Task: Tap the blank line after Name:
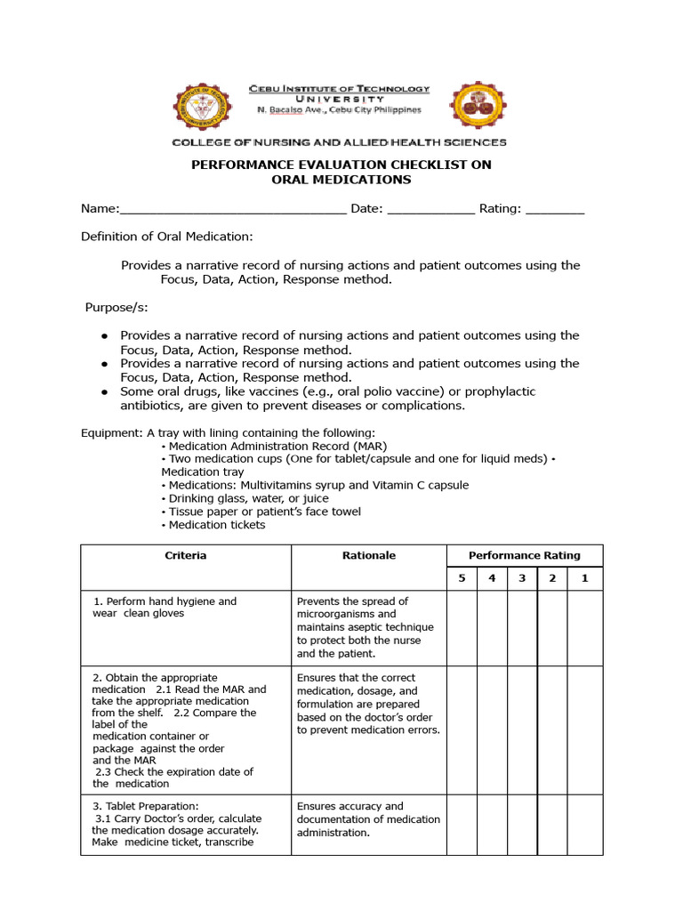232,210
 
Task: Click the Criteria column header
186,556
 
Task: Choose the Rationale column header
369,556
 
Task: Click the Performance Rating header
524,556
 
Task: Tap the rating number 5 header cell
462,579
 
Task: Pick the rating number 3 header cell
522,579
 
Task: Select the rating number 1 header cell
584,579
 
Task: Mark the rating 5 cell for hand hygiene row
462,627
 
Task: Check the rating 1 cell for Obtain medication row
584,730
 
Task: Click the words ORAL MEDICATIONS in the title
341,180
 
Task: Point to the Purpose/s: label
117,308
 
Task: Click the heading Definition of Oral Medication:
167,237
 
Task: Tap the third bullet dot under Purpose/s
104,391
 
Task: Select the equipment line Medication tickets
216,525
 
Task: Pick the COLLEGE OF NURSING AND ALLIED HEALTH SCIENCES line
339,142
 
